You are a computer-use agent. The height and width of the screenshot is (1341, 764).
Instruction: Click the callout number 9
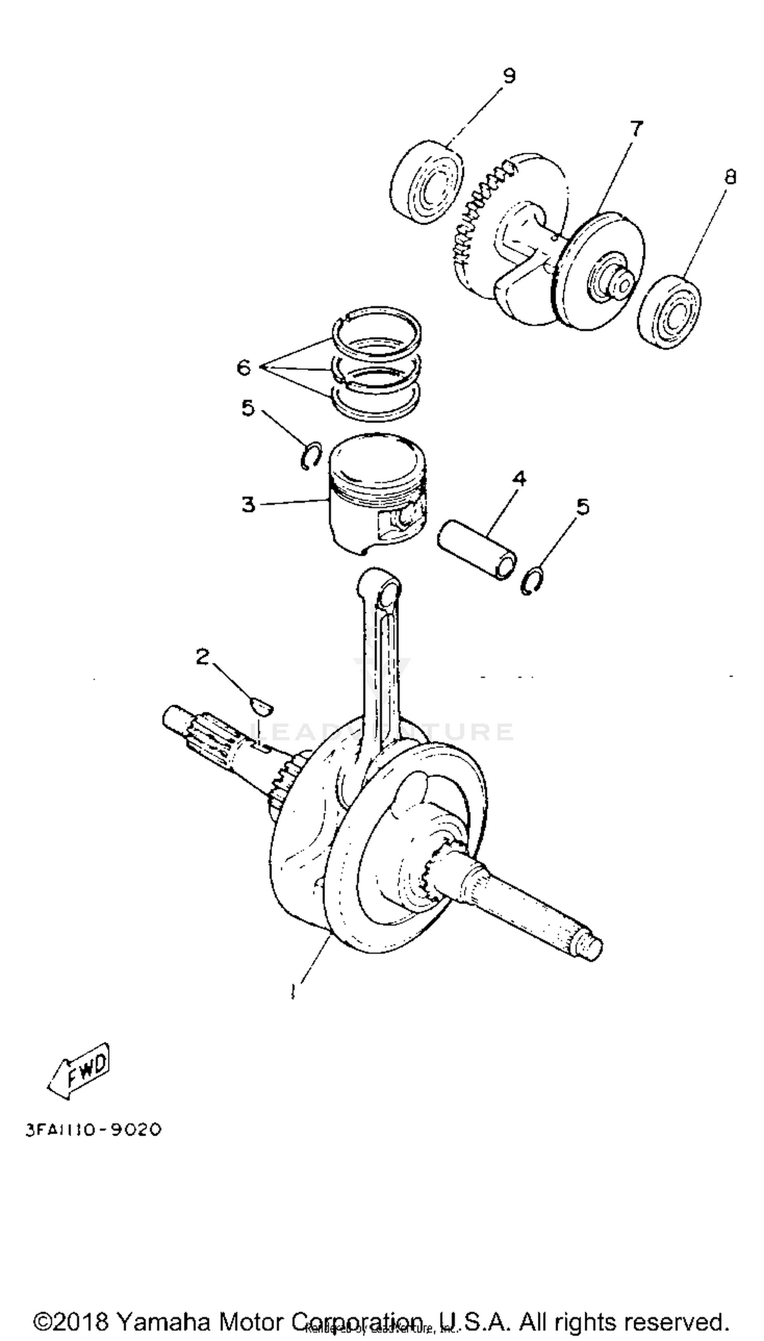coord(508,76)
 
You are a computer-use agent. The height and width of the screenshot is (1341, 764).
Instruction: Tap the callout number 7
coord(636,128)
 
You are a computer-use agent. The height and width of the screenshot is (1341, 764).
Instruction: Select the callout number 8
coord(730,177)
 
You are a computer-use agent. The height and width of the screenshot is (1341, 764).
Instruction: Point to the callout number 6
coord(244,367)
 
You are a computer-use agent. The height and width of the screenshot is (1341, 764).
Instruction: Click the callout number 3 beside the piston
coord(248,505)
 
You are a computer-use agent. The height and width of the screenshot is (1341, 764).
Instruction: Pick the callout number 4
coord(519,478)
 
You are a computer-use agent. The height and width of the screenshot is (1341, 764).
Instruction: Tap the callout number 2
coord(203,657)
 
